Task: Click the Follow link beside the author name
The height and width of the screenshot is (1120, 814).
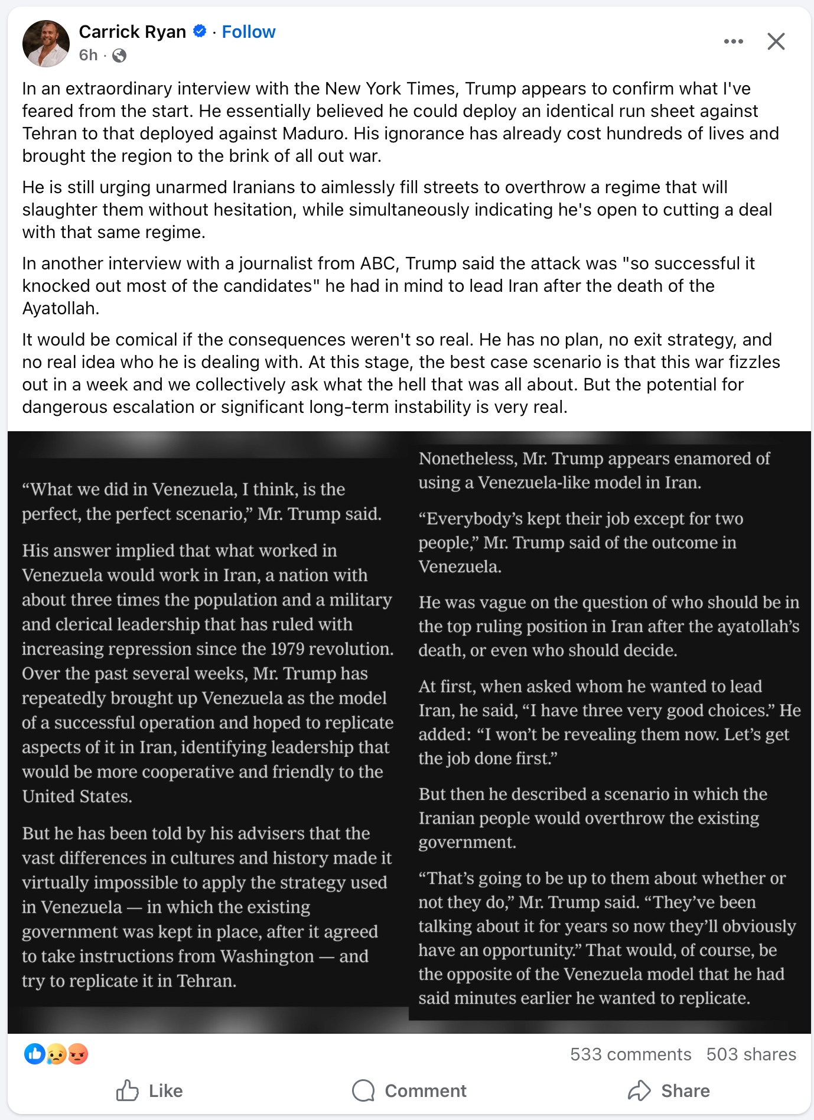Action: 248,32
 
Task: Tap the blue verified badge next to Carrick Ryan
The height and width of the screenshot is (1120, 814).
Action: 200,31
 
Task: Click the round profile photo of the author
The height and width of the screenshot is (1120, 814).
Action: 45,43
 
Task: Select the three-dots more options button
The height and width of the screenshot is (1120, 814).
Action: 733,41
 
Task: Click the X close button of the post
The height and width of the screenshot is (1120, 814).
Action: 776,41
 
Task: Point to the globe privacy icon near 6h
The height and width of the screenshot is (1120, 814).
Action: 119,56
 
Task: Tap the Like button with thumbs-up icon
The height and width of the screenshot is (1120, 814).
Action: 149,1090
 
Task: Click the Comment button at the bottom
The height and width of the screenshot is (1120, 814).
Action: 409,1090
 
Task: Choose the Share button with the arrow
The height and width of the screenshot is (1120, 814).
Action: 669,1090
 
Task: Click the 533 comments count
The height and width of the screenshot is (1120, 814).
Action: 630,1054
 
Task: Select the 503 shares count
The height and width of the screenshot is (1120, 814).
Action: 751,1054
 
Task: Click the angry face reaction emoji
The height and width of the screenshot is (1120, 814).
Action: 78,1054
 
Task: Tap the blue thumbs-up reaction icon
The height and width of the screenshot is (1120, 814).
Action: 35,1054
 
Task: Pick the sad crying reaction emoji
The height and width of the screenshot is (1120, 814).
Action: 56,1054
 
